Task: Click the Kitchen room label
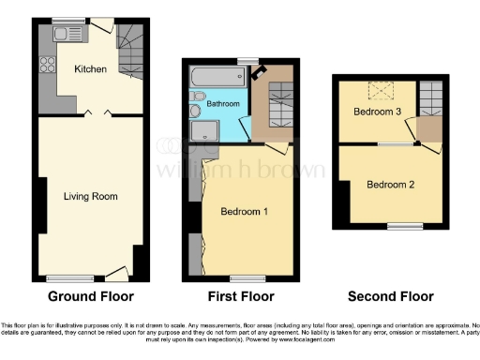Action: click(91, 69)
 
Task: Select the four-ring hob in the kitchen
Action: click(45, 67)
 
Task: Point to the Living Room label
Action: click(89, 196)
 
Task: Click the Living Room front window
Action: click(64, 277)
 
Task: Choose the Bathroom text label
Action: click(223, 102)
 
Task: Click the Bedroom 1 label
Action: click(244, 212)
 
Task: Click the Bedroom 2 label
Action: click(390, 185)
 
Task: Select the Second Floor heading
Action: click(391, 296)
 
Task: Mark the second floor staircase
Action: click(430, 97)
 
